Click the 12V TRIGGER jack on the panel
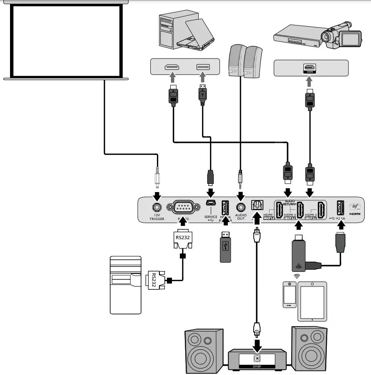[x=157, y=206]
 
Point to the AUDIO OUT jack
[x=240, y=206]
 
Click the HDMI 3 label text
[x=311, y=215]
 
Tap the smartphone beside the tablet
[x=289, y=294]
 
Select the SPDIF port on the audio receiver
[x=257, y=358]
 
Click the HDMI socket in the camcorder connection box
[x=309, y=68]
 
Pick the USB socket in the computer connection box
[x=203, y=67]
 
